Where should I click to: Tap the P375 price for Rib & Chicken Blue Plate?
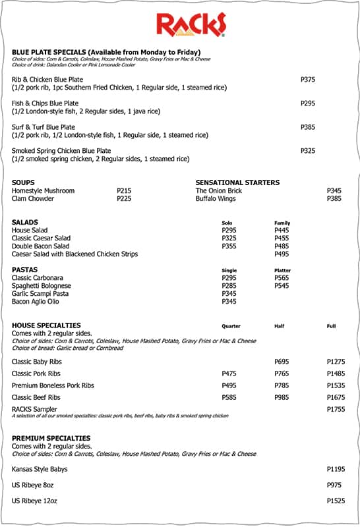point(308,80)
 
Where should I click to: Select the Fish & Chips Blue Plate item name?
point(45,103)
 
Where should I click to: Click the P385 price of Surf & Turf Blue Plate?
point(308,127)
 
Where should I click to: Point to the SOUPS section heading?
point(23,182)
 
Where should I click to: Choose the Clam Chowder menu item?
point(33,198)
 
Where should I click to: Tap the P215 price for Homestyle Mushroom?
point(124,190)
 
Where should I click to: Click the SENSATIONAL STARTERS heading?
point(237,182)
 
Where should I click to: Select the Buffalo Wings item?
point(216,198)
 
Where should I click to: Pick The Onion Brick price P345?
point(334,190)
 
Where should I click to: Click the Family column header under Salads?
point(282,223)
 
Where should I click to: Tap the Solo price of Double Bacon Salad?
point(229,246)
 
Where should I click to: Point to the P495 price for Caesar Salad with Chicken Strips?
point(282,254)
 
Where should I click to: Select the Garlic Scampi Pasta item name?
point(40,294)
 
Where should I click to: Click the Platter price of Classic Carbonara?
point(282,278)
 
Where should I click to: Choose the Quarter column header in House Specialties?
point(231,326)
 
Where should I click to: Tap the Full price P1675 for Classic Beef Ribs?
point(336,398)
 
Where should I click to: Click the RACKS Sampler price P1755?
point(336,409)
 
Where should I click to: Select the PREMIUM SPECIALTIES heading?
point(51,438)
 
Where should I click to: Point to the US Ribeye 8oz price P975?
point(334,485)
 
